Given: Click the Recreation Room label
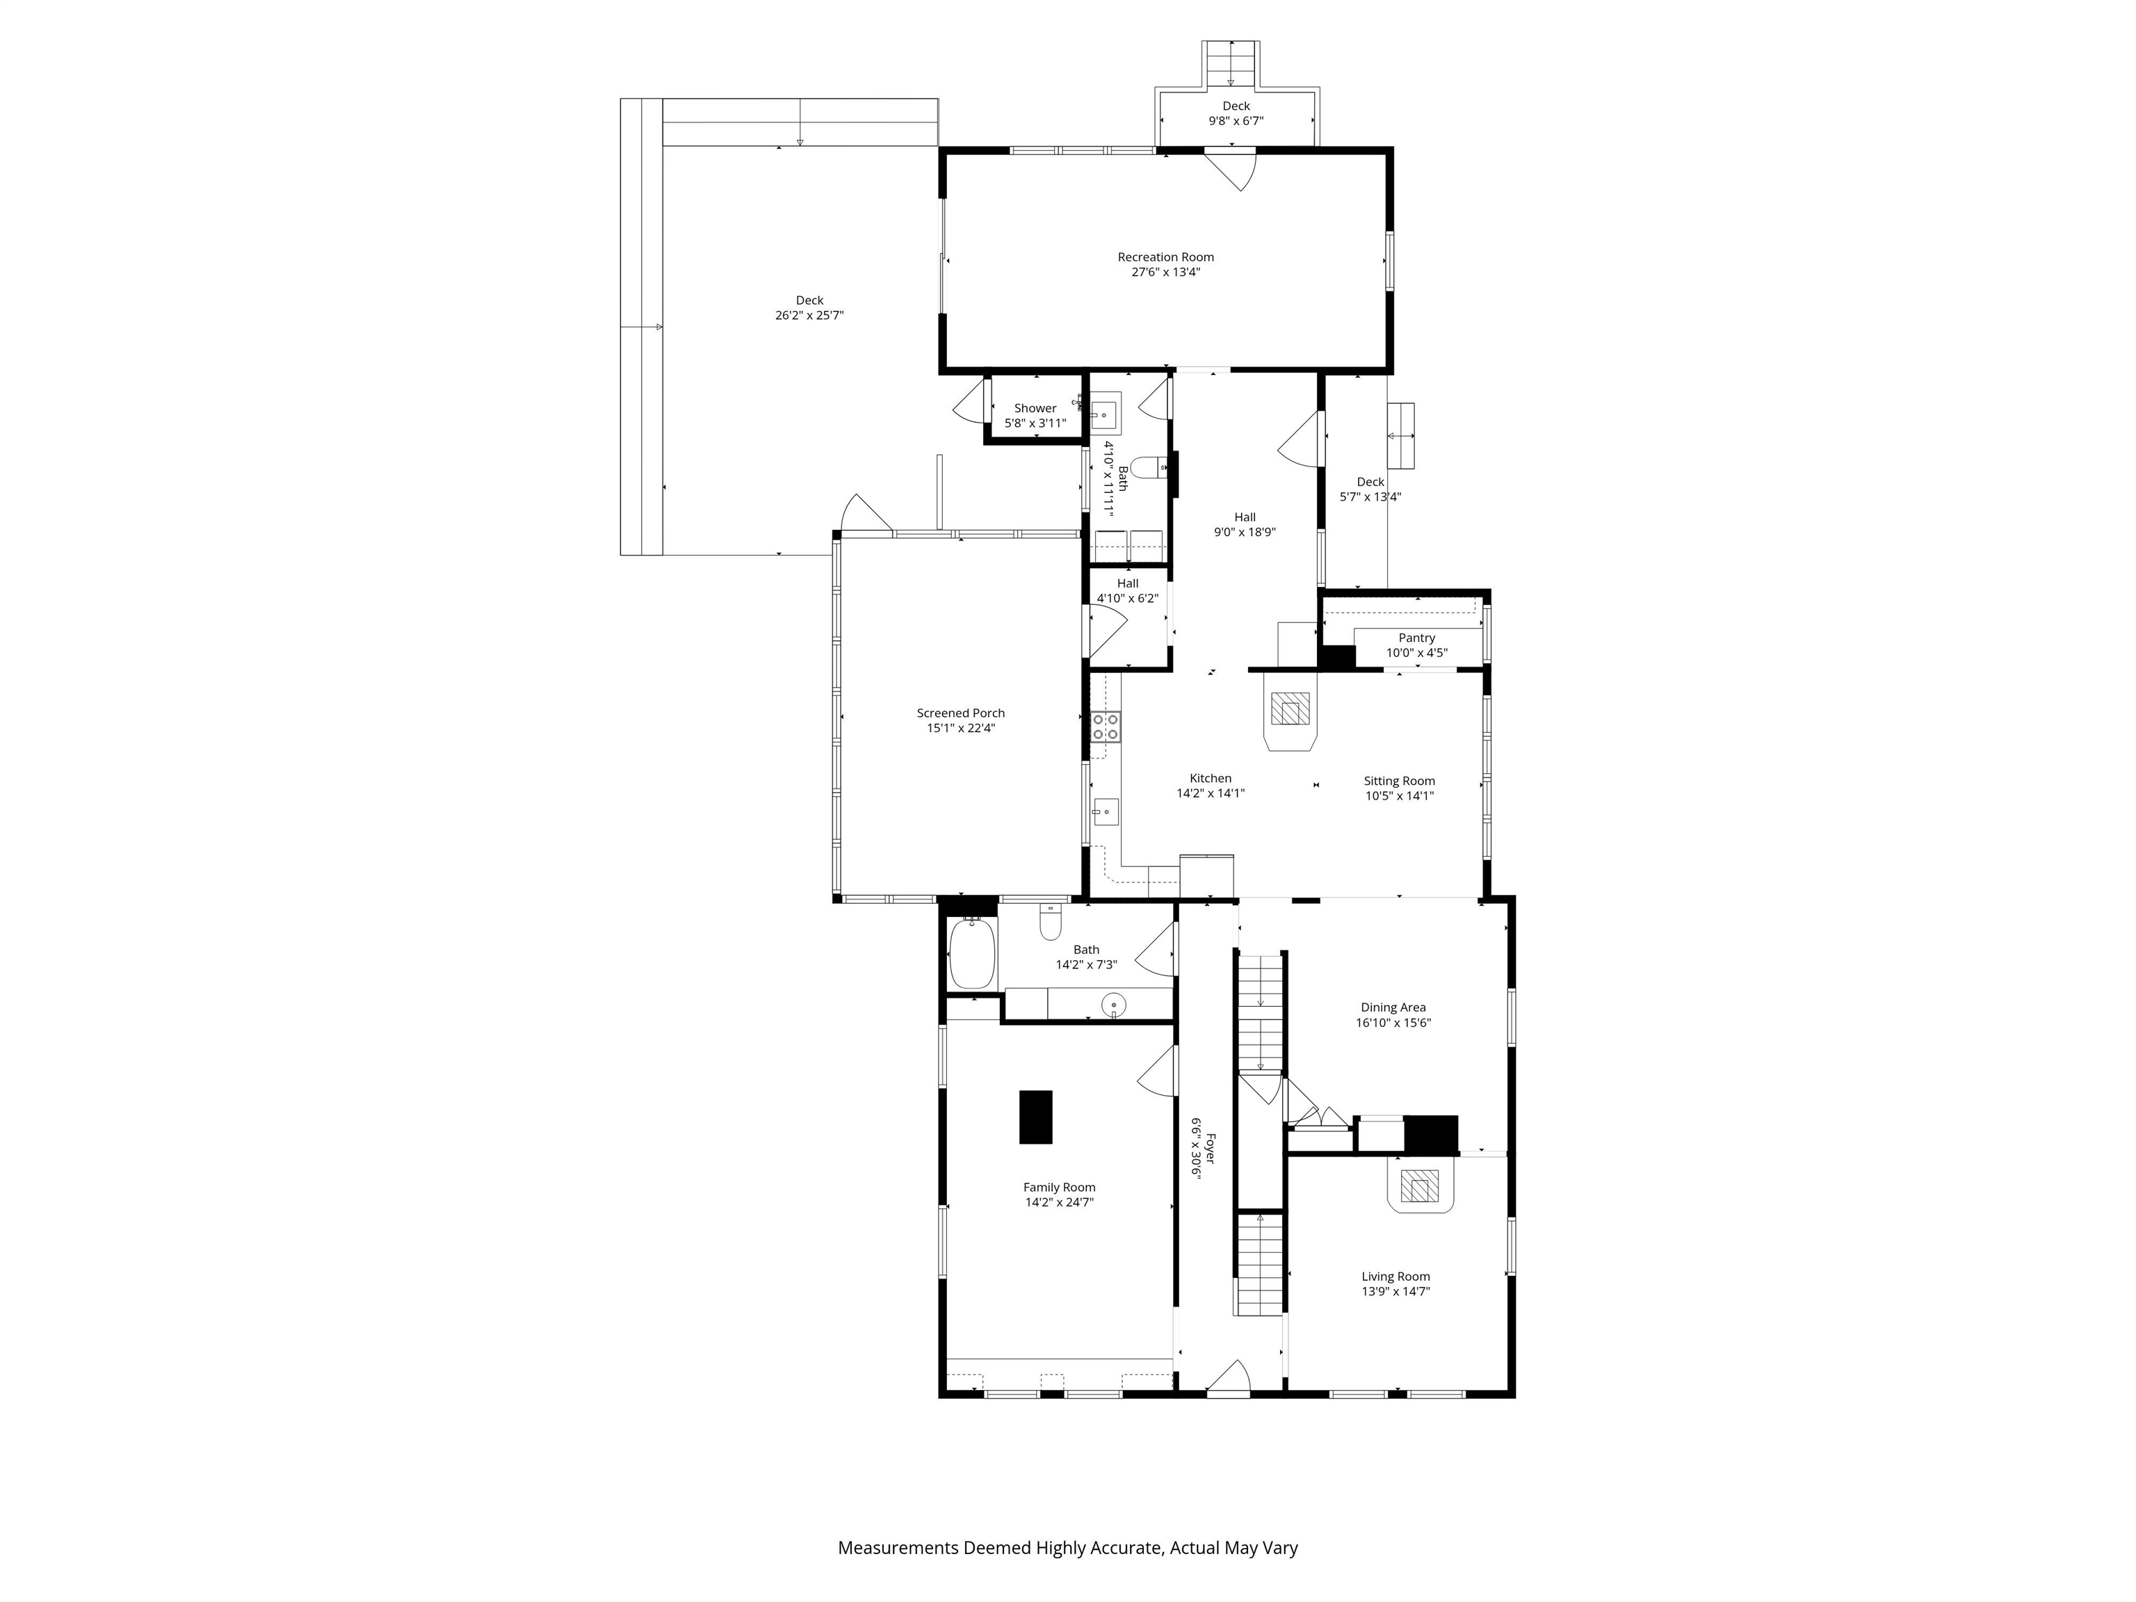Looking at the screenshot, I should click(x=1165, y=257).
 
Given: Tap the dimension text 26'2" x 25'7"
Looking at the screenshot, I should click(x=809, y=316).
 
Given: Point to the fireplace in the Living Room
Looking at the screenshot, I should click(x=1420, y=1187).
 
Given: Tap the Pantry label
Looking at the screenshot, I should click(x=1416, y=638).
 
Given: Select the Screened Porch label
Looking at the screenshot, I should click(x=961, y=713).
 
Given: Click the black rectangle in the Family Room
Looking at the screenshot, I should click(x=1036, y=1117).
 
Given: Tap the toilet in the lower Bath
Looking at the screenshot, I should click(x=1051, y=924).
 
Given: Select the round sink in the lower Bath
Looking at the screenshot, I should click(x=1113, y=1005).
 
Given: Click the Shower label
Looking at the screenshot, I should click(x=1035, y=408).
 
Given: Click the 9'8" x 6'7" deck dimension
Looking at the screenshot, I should click(x=1236, y=122).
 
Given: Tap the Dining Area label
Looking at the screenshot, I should click(x=1393, y=1008).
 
